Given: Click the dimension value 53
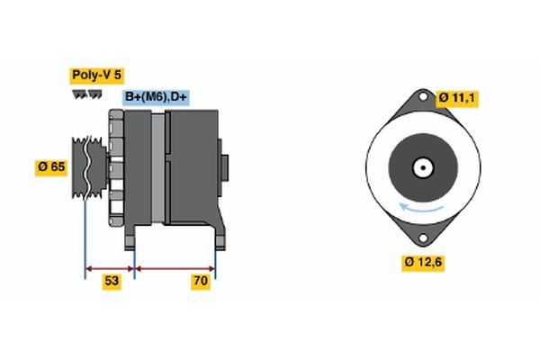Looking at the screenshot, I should point(112,282).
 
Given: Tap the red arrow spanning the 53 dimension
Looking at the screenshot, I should point(110,267).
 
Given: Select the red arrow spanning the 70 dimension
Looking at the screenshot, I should point(175,267).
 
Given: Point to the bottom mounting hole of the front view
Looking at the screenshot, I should point(420,237).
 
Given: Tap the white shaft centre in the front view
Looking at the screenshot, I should point(420,167).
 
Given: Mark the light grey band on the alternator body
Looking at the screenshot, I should point(158,166).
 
